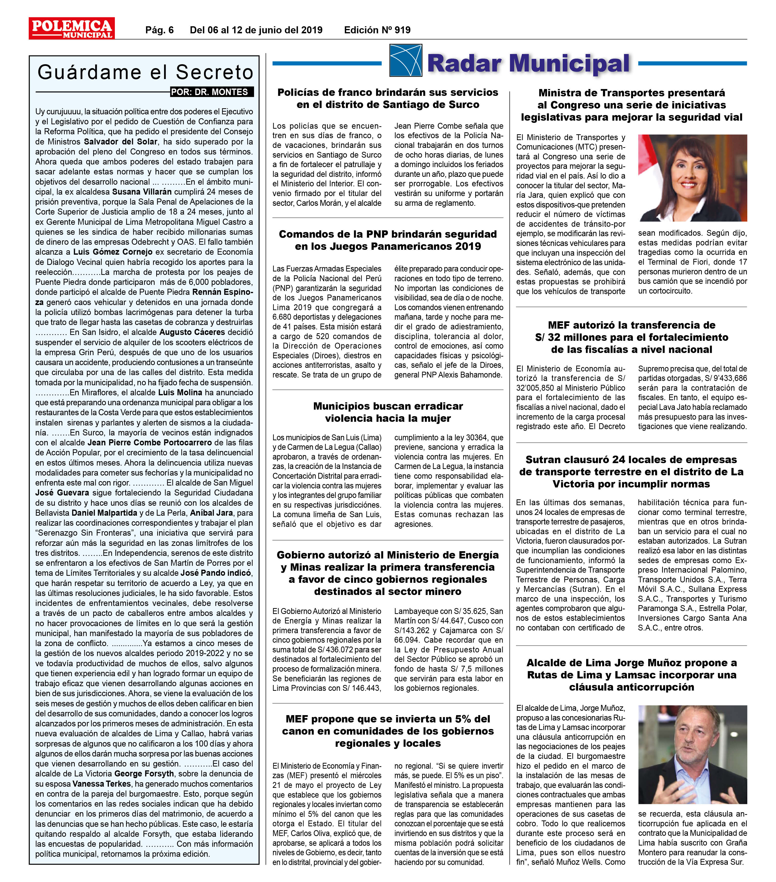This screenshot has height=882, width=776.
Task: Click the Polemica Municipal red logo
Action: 72,28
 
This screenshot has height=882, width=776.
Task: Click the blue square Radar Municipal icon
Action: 405,60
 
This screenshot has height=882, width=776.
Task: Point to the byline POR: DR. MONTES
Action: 210,92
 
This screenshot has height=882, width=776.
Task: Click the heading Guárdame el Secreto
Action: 145,72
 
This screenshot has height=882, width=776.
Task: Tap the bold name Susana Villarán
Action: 142,192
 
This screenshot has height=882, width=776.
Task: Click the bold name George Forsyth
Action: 144,774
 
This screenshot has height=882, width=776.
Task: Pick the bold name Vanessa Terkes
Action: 101,784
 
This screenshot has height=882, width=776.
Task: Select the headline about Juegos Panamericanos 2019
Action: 388,240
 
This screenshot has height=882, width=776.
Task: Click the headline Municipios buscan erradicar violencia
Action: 388,412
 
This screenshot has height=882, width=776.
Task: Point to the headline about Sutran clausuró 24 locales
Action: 631,472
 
